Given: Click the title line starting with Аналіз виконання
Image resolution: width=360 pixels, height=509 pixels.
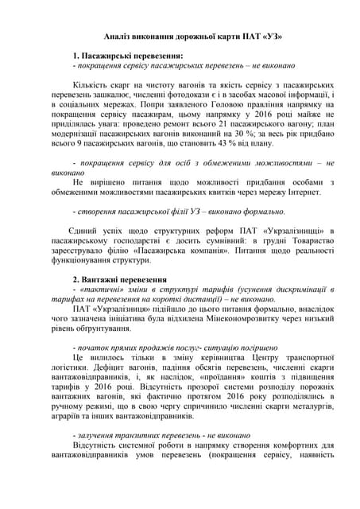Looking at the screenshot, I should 182,37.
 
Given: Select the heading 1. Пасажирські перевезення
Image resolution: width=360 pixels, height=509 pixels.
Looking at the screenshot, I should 127,56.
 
